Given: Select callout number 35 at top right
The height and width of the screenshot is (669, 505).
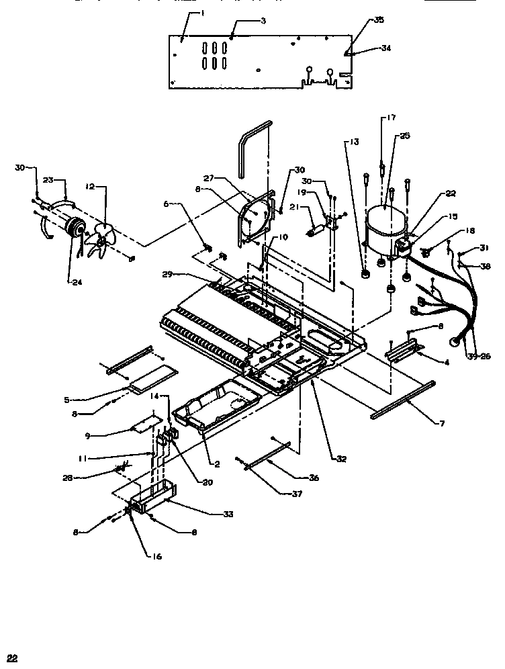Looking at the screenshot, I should click(x=379, y=21).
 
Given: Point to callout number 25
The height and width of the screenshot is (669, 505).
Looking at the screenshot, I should click(x=404, y=136).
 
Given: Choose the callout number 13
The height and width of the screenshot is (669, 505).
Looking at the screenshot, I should click(x=354, y=142).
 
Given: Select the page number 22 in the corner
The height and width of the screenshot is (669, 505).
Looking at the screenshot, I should click(x=11, y=657).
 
